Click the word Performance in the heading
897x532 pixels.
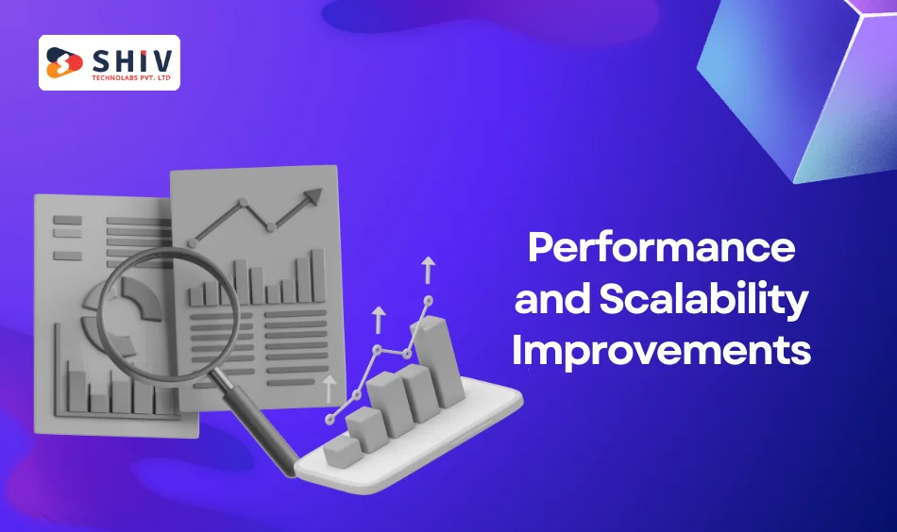[661, 248]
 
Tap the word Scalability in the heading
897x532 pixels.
[703, 299]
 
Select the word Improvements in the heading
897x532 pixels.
[661, 350]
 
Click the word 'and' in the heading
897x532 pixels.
[552, 298]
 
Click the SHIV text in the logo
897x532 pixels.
[131, 61]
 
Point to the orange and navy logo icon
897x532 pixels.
[64, 62]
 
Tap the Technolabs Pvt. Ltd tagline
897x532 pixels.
[131, 78]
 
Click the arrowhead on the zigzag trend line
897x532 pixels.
[313, 197]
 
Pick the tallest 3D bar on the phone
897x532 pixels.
[436, 361]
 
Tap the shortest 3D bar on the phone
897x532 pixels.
[342, 452]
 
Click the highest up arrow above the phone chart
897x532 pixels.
[428, 271]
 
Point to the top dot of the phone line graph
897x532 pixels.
[428, 300]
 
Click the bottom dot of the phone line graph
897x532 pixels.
[329, 420]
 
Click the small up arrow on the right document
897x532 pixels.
[329, 390]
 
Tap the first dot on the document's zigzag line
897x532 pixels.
[193, 243]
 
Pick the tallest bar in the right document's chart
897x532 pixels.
[318, 275]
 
